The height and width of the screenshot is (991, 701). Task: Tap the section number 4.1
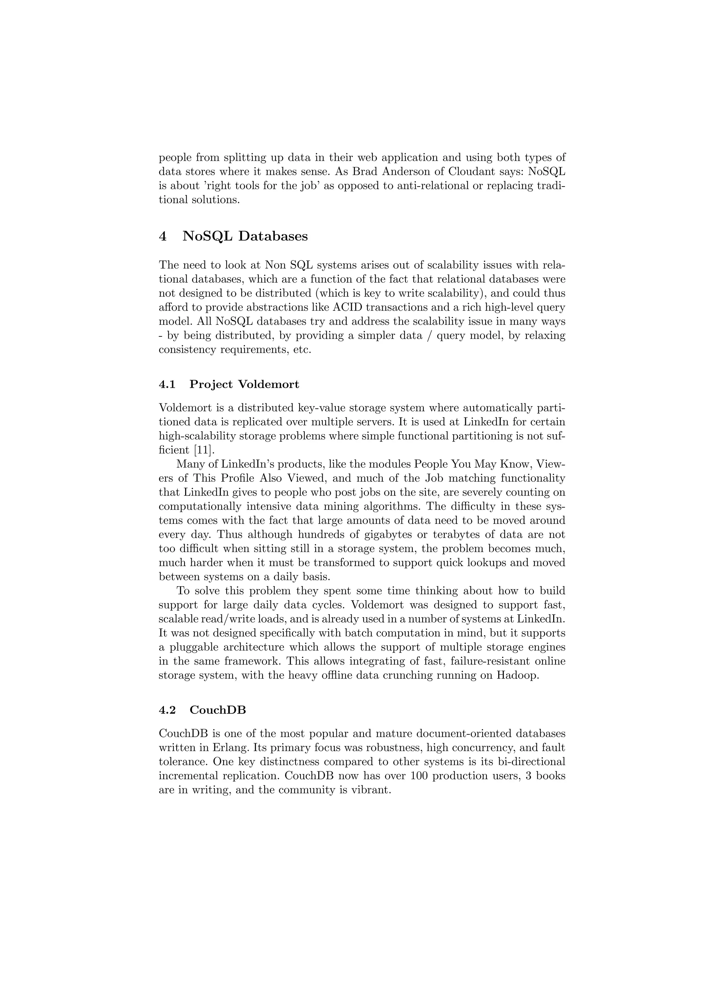click(x=167, y=384)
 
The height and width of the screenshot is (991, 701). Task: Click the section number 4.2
click(x=167, y=710)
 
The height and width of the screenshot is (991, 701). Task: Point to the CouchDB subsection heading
click(x=218, y=710)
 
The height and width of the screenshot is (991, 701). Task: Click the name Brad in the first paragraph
click(x=365, y=171)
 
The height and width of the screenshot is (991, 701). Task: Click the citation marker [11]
click(x=203, y=450)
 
